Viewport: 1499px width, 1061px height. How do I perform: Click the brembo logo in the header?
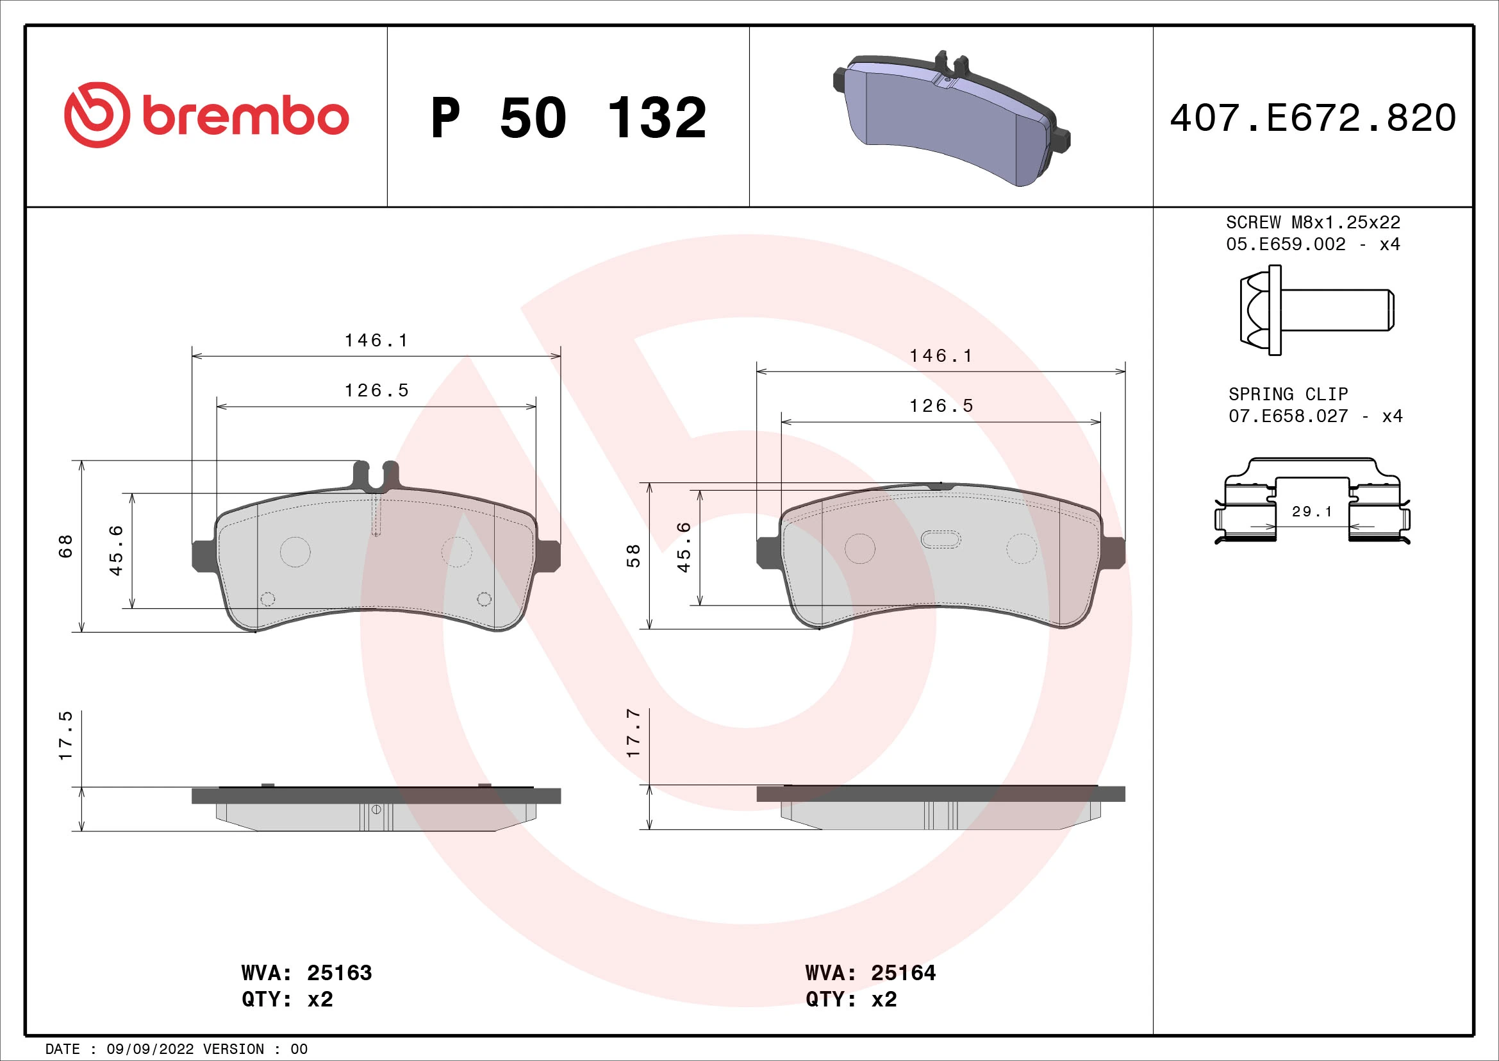206,115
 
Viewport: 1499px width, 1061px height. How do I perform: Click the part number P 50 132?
568,118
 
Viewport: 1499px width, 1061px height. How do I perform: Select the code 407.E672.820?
1313,118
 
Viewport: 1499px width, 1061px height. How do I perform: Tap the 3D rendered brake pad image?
950,119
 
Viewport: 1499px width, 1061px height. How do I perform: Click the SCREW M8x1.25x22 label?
1313,223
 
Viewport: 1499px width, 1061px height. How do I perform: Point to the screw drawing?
1316,310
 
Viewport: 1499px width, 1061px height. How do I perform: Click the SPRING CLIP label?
1288,395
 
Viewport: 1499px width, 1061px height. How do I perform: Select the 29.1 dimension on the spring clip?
1312,511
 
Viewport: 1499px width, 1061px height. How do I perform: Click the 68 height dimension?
66,546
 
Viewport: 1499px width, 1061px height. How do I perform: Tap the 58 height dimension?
633,556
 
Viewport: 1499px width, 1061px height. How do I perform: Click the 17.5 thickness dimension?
66,736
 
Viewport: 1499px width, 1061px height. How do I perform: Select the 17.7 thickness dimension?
633,733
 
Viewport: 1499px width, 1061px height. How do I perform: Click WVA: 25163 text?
306,973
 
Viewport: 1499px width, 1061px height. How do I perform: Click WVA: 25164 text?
870,973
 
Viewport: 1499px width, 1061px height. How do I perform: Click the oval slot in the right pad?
940,539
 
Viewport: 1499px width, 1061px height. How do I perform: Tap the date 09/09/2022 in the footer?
150,1049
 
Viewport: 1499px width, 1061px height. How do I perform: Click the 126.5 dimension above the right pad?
941,406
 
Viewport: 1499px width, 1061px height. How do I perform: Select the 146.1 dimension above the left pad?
376,341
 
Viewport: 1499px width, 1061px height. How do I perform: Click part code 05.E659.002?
1286,244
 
